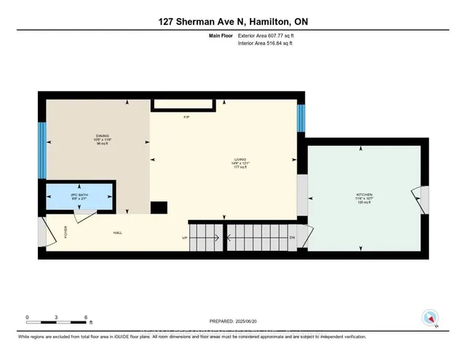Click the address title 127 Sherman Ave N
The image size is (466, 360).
[233, 22]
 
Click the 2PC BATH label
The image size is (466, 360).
[79, 197]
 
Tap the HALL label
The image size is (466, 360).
[116, 233]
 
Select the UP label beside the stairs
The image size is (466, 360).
[185, 238]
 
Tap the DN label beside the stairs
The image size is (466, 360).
[292, 238]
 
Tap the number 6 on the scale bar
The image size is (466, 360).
[86, 318]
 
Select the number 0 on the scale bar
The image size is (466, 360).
[27, 318]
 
